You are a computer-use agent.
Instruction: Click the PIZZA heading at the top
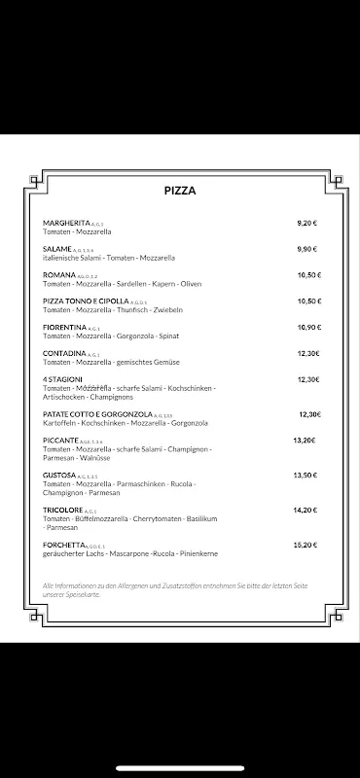[x=180, y=191]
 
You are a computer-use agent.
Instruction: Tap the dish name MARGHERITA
[x=64, y=223]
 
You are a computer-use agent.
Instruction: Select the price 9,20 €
[x=307, y=223]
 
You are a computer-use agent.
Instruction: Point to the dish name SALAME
[x=56, y=249]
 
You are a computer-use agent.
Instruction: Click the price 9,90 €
[x=307, y=249]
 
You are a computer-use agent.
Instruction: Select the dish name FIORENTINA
[x=64, y=327]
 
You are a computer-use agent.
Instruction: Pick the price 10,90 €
[x=308, y=327]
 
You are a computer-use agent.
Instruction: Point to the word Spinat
[x=189, y=336]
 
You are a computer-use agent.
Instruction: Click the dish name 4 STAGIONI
[x=63, y=379]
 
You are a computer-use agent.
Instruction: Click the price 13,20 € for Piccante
[x=305, y=441]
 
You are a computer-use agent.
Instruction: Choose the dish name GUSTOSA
[x=59, y=475]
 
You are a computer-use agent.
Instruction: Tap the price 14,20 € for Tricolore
[x=305, y=510]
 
